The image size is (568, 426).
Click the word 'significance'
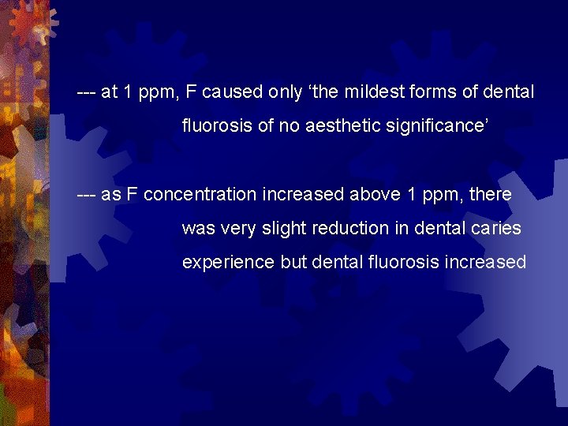(x=442, y=125)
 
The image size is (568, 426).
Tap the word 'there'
(x=490, y=194)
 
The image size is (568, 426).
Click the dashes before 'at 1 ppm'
(x=86, y=92)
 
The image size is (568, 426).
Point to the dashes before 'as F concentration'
(x=86, y=194)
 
